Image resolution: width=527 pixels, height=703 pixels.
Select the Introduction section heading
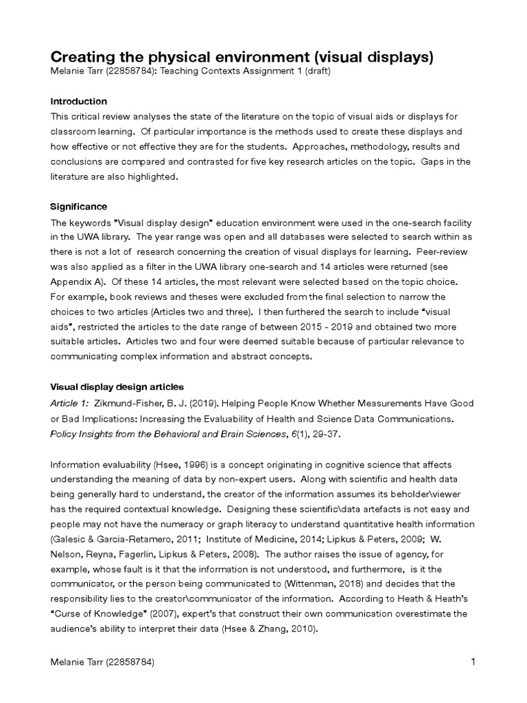click(x=78, y=101)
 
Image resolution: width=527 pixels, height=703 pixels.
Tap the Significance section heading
click(x=78, y=207)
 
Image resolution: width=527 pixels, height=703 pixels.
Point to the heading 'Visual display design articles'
click(x=117, y=387)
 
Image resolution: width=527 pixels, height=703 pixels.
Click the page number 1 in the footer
click(x=473, y=662)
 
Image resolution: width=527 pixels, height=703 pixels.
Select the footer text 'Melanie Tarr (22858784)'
click(x=102, y=663)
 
